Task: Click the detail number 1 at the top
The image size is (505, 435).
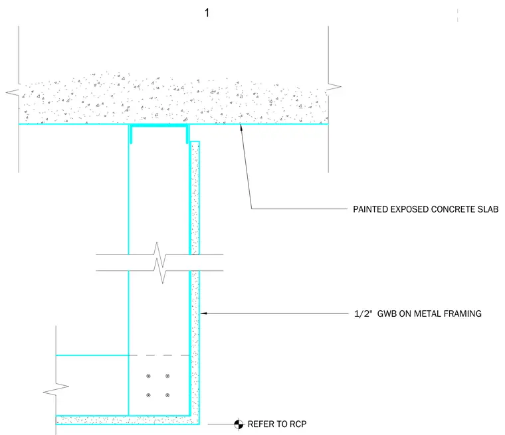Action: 207,13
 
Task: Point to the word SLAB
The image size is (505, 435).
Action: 488,209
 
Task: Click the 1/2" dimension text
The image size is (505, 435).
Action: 363,313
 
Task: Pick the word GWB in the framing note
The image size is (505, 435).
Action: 387,313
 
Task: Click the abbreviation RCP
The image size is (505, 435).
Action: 298,424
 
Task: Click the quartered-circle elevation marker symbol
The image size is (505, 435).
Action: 239,424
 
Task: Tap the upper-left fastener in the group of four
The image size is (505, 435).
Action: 148,376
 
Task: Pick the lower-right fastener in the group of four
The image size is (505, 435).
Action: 167,395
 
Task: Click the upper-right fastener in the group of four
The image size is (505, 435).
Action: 167,376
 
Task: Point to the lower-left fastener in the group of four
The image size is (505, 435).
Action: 148,395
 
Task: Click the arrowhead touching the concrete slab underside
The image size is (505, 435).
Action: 241,128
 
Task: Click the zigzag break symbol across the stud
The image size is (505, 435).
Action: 159,263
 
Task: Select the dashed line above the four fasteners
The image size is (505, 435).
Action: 159,355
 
